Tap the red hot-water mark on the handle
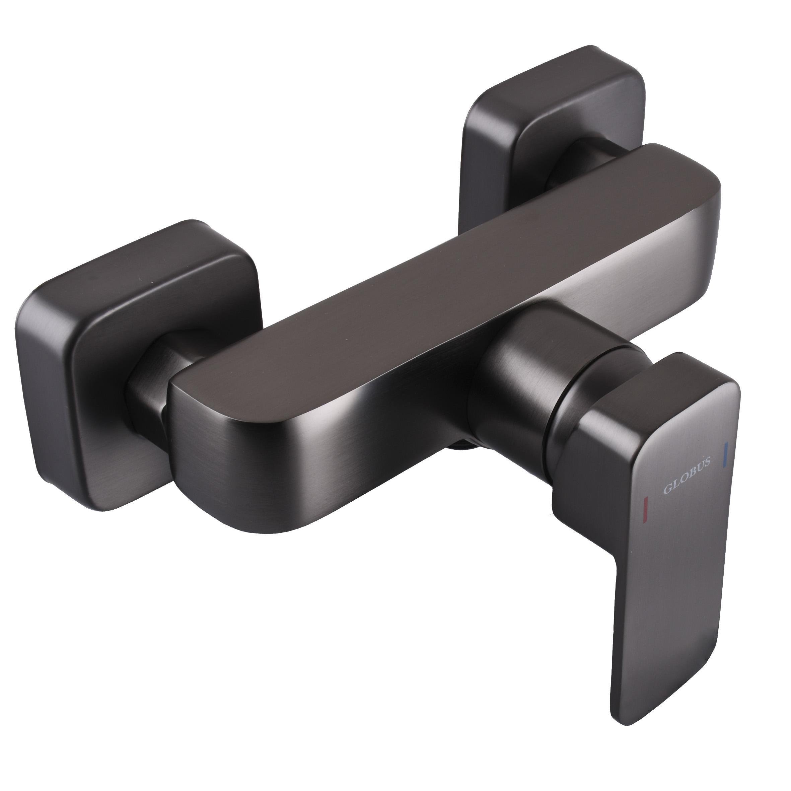click(x=646, y=506)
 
